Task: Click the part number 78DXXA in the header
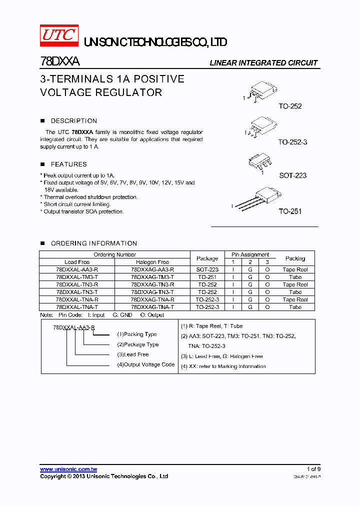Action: click(59, 62)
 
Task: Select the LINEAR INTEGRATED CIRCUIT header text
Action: click(263, 63)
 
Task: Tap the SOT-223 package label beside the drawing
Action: click(292, 175)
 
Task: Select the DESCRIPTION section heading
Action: click(74, 121)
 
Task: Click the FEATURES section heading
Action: click(68, 164)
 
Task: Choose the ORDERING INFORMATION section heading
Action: click(94, 243)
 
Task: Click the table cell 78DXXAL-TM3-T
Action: click(77, 277)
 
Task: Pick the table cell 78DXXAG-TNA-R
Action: click(152, 299)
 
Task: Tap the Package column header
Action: click(207, 258)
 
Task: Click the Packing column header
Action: click(295, 258)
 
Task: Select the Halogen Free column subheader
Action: click(152, 262)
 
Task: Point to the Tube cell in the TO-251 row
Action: click(295, 277)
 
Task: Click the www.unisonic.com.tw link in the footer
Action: click(68, 469)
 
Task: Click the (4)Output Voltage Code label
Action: click(145, 365)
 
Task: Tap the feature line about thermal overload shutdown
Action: click(90, 197)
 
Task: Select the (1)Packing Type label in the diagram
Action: click(136, 334)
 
